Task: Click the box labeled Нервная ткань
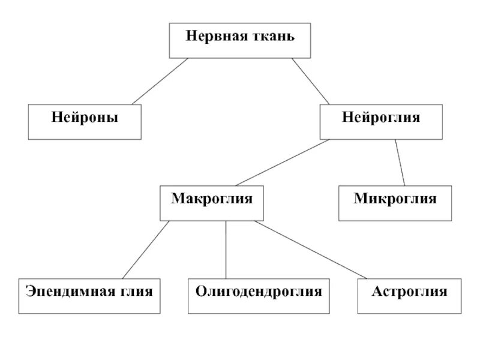coord(241,41)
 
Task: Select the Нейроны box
coord(85,122)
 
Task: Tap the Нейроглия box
coord(381,122)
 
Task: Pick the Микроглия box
coord(395,203)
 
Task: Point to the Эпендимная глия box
coord(89,296)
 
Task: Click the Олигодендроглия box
coord(259,296)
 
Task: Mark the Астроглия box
coord(409,296)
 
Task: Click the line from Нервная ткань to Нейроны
coord(160,82)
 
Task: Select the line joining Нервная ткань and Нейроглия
coord(311,81)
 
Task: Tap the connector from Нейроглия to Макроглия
coord(282,163)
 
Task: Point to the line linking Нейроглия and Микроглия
coord(400,163)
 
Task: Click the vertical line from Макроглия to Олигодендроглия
coord(226,250)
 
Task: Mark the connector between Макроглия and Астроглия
coord(310,250)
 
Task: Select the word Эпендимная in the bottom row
coord(67,292)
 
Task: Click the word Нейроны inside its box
coord(85,117)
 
